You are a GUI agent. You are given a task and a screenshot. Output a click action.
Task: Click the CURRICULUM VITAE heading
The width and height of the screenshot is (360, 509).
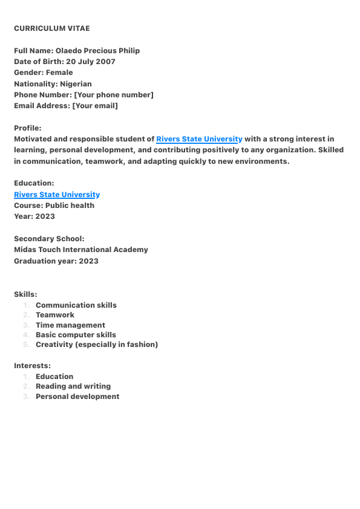[51, 28]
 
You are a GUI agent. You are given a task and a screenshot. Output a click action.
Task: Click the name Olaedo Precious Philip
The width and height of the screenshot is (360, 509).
[97, 51]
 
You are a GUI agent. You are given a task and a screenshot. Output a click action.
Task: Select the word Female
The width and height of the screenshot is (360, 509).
[59, 73]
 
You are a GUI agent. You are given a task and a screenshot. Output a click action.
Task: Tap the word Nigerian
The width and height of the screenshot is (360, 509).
[76, 84]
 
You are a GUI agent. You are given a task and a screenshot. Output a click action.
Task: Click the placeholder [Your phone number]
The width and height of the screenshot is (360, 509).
[113, 95]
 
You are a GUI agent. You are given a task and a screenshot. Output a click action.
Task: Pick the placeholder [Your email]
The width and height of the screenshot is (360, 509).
[95, 106]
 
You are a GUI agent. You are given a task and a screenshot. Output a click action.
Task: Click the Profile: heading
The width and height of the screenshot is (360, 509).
[28, 128]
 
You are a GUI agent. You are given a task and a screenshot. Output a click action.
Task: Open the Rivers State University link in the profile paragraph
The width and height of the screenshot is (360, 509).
[199, 139]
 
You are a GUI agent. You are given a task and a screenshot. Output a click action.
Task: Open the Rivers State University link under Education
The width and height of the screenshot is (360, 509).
[57, 195]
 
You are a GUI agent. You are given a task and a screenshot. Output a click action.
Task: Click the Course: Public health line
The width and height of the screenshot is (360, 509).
[54, 206]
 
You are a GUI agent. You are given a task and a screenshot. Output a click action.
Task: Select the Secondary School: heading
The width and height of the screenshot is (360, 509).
[49, 239]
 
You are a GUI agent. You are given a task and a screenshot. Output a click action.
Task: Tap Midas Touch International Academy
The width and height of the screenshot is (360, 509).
[80, 250]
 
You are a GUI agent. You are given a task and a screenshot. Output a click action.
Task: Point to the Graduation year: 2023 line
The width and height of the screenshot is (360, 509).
[56, 261]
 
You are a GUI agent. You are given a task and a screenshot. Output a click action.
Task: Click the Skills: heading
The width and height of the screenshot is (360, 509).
[25, 294]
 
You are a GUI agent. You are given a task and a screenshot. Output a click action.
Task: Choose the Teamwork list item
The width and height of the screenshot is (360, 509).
[55, 315]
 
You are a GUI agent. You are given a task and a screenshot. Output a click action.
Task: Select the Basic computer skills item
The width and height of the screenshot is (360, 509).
[76, 335]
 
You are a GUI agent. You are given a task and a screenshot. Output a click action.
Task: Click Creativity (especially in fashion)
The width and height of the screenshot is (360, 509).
[97, 345]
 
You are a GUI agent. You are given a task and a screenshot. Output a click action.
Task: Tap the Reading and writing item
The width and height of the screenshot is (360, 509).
[73, 386]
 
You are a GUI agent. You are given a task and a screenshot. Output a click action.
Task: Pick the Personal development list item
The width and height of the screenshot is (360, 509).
[77, 397]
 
